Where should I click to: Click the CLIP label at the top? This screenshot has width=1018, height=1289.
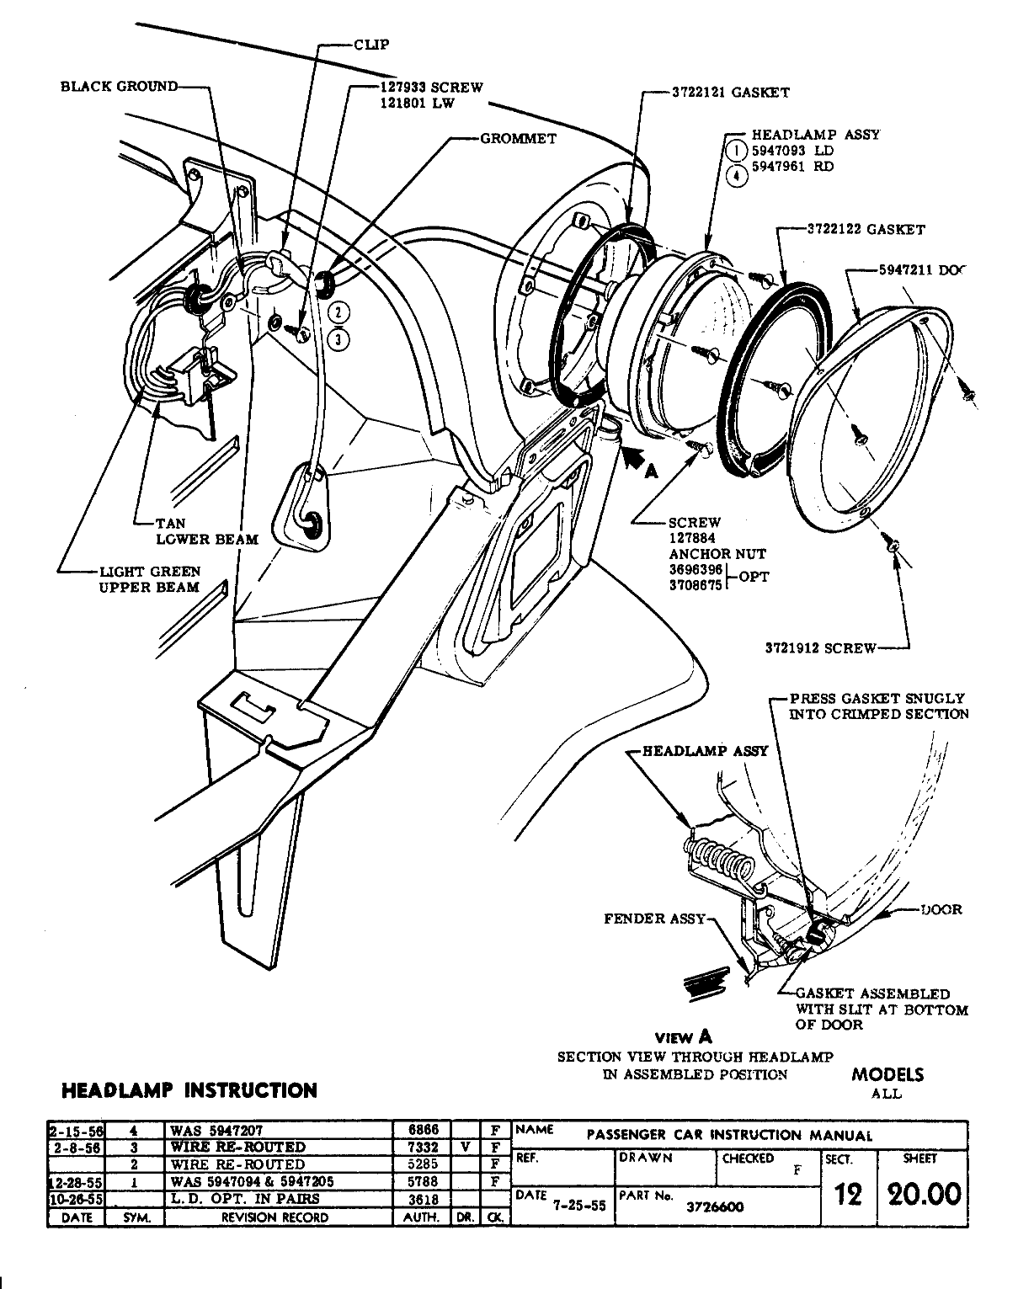pyautogui.click(x=371, y=44)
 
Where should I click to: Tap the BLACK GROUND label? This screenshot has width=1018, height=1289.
pyautogui.click(x=119, y=86)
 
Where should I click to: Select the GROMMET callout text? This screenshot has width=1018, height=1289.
pyautogui.click(x=518, y=138)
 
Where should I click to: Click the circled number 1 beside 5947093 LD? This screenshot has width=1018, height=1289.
pyautogui.click(x=736, y=151)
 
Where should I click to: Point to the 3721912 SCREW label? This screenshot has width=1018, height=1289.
pyautogui.click(x=820, y=648)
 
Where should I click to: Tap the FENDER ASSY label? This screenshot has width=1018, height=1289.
pyautogui.click(x=654, y=919)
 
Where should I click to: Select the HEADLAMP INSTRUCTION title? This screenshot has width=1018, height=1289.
pyautogui.click(x=189, y=1090)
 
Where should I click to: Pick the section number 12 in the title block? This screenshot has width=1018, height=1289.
pyautogui.click(x=848, y=1194)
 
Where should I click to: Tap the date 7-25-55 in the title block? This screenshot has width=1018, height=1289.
pyautogui.click(x=579, y=1205)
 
